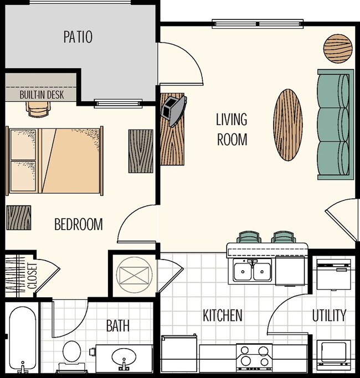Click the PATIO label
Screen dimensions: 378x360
[78, 37]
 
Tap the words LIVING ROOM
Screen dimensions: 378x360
[232, 129]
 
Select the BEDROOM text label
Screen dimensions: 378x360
[79, 224]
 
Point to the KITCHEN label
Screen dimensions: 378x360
[222, 315]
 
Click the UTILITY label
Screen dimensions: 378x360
[329, 315]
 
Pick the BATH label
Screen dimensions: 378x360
[118, 325]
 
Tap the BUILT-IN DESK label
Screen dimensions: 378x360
[42, 95]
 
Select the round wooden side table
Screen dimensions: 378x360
[337, 49]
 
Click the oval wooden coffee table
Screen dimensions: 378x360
[289, 125]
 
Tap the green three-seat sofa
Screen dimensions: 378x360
[335, 125]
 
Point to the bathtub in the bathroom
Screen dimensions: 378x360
[22, 338]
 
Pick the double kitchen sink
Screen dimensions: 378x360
[252, 271]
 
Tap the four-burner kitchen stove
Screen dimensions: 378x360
[254, 357]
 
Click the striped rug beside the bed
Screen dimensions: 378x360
[141, 151]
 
